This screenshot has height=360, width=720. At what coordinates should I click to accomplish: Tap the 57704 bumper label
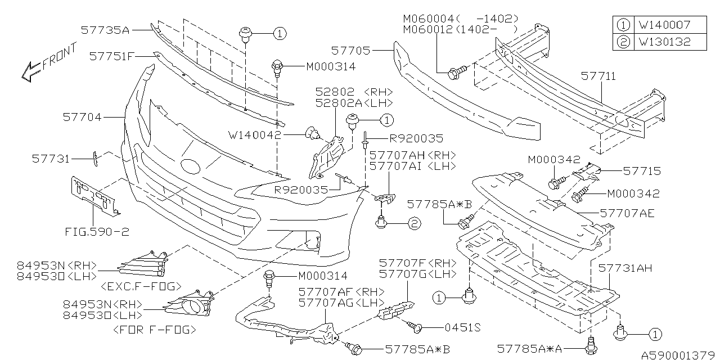click(x=83, y=118)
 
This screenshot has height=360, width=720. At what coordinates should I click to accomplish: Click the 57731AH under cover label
click(x=625, y=268)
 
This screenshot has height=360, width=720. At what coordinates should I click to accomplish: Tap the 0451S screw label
click(x=462, y=327)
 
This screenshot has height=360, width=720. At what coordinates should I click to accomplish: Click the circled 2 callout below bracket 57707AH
click(x=414, y=224)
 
